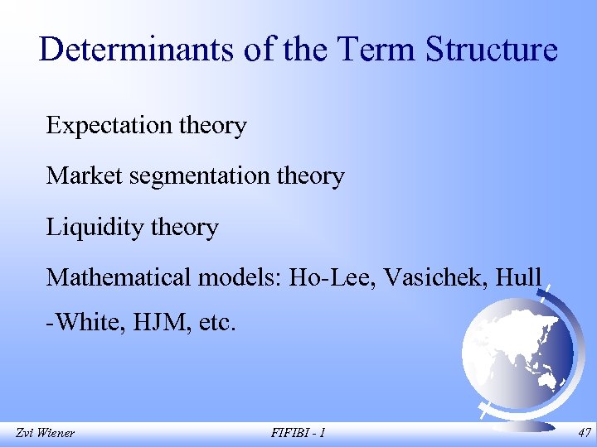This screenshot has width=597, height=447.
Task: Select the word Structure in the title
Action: pyautogui.click(x=493, y=50)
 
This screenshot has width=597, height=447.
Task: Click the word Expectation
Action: pyautogui.click(x=107, y=126)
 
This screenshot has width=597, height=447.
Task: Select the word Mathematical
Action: pyautogui.click(x=119, y=277)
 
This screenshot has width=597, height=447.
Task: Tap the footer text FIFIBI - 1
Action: pyautogui.click(x=298, y=432)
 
